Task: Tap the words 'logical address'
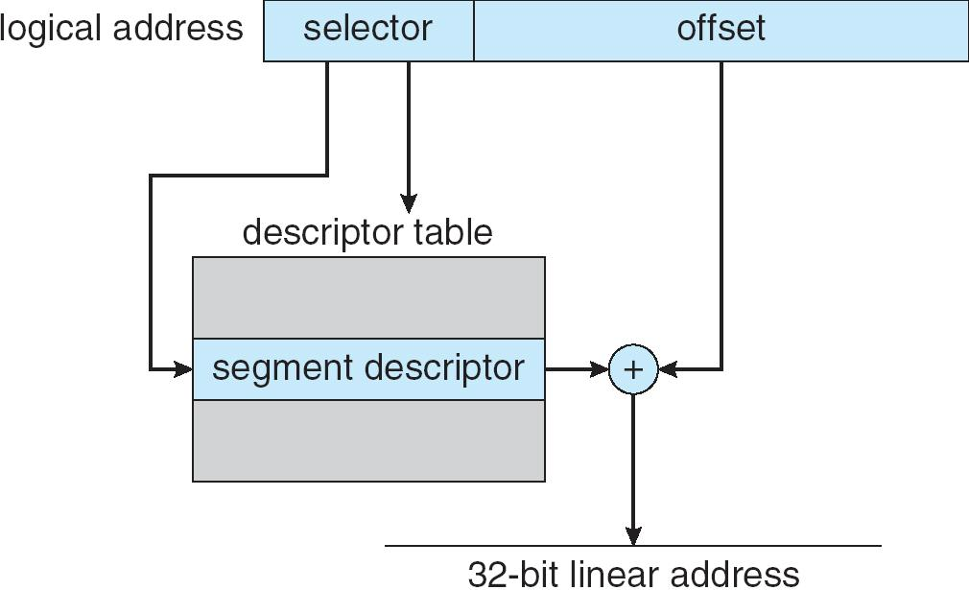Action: point(122,28)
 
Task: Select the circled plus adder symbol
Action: point(633,369)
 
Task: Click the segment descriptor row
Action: point(368,369)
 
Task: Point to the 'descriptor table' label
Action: point(366,232)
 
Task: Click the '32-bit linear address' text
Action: point(633,574)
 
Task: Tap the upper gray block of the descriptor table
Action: point(368,297)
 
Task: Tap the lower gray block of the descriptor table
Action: point(368,439)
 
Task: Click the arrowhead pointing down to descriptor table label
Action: point(409,204)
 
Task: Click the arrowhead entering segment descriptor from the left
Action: point(183,369)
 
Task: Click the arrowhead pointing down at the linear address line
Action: point(633,535)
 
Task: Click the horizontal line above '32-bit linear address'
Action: point(748,547)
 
